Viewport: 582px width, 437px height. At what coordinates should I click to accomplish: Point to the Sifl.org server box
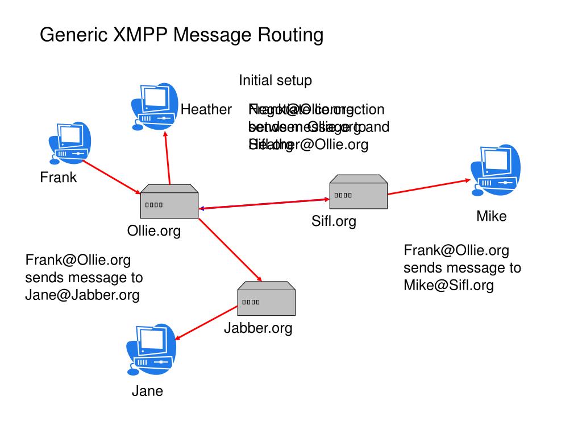(x=359, y=192)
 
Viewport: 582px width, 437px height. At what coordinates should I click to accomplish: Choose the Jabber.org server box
(x=266, y=299)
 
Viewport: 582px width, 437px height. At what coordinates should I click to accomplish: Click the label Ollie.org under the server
(x=153, y=230)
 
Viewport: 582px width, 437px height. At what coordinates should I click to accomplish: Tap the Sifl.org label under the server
(x=334, y=221)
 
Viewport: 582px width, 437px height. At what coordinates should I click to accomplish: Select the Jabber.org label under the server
(x=258, y=328)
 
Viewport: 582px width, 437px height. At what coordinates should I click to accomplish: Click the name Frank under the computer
(x=58, y=178)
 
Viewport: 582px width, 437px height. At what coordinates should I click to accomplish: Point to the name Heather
(x=206, y=109)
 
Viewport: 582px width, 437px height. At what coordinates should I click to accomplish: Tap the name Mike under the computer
(x=491, y=216)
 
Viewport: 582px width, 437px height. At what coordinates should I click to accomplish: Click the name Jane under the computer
(x=147, y=391)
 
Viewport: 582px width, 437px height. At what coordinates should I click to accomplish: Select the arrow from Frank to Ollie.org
(x=111, y=176)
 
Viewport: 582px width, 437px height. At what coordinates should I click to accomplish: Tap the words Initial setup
(x=275, y=80)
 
